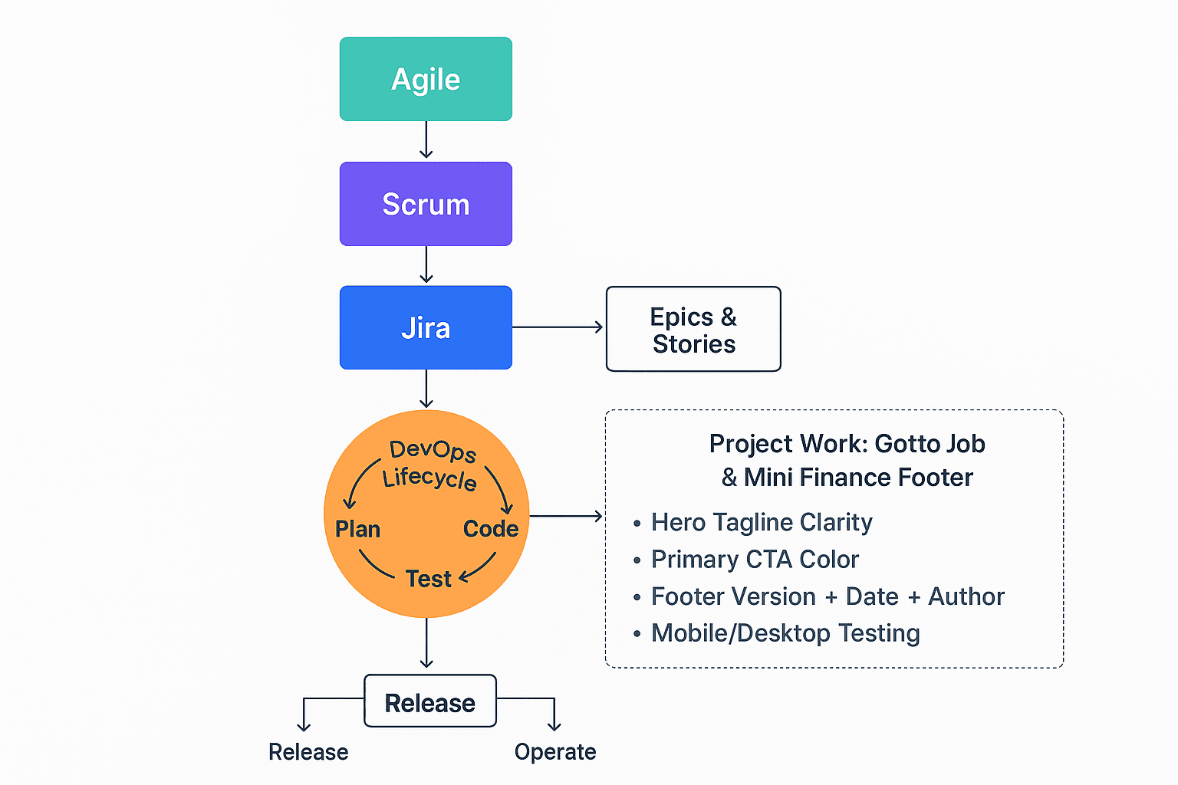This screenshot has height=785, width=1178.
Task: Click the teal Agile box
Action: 426,79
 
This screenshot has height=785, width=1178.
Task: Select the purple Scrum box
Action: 426,204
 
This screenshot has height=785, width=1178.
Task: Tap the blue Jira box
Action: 426,328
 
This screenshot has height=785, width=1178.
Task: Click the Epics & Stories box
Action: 693,330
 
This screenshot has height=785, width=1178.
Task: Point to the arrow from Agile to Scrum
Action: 426,140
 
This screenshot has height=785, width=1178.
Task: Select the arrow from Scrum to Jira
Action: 426,265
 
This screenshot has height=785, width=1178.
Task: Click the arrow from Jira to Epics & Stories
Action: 558,327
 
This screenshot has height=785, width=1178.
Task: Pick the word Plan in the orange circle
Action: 357,529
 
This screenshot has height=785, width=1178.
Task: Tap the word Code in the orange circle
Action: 491,529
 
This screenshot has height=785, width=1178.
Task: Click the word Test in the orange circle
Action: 428,579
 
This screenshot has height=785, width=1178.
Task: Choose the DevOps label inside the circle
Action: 433,451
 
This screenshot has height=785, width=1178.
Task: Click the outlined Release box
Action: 429,702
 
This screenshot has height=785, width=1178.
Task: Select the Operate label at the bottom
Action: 555,752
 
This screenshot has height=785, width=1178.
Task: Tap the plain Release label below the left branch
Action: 308,752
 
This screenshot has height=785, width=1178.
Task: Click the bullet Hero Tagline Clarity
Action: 761,522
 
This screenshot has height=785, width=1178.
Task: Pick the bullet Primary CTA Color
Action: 755,560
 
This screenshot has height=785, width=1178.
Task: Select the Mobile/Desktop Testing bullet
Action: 785,633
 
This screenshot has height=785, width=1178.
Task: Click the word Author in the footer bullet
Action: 966,596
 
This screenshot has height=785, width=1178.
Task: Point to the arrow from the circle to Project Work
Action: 566,516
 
